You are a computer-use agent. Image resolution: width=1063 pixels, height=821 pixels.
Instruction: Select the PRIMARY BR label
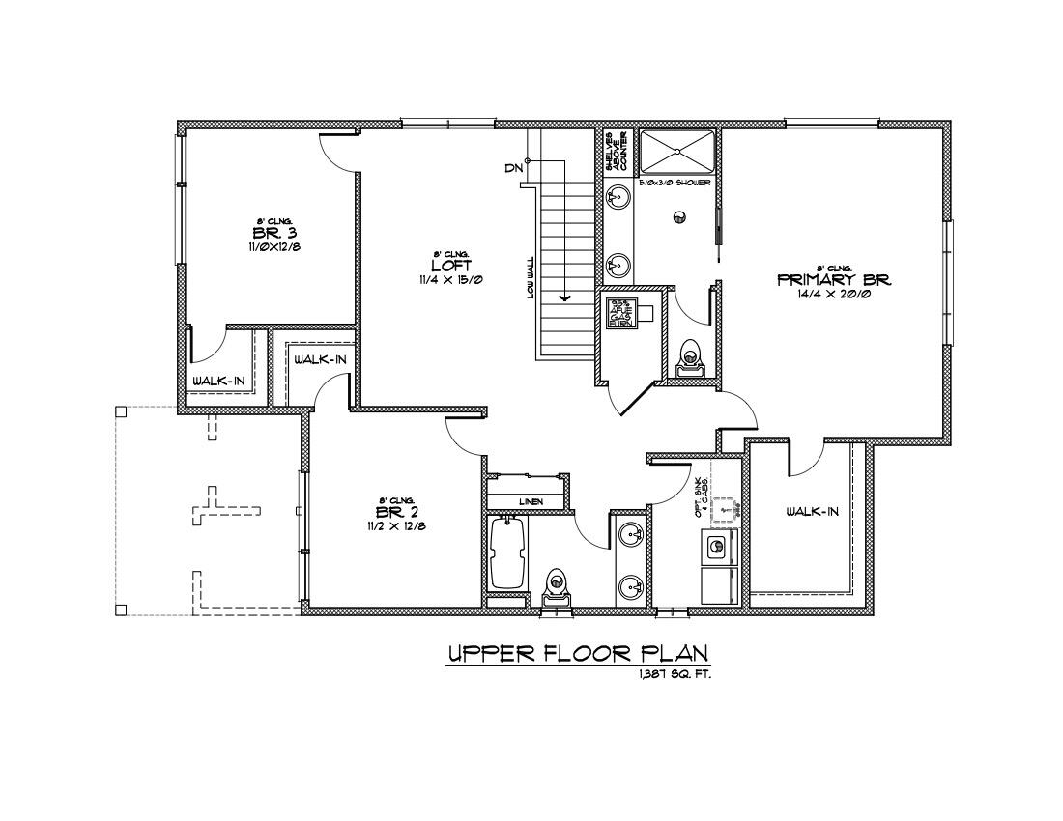(833, 280)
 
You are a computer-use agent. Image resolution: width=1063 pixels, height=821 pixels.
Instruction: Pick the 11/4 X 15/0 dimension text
(445, 280)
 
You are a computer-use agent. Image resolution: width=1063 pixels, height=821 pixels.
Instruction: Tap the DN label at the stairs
(513, 168)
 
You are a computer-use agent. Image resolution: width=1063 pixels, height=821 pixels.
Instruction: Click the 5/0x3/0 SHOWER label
(675, 183)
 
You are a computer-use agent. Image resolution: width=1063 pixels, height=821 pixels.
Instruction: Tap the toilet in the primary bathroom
(690, 356)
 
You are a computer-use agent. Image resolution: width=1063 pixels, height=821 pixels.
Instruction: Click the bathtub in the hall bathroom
(508, 552)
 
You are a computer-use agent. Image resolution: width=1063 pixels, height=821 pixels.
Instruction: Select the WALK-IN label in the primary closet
(811, 512)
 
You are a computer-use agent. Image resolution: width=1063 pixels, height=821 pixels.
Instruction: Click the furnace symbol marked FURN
(619, 314)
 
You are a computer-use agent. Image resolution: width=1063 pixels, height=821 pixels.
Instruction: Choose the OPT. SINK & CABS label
(704, 496)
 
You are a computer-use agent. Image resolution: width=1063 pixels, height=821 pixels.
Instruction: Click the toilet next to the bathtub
(556, 585)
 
